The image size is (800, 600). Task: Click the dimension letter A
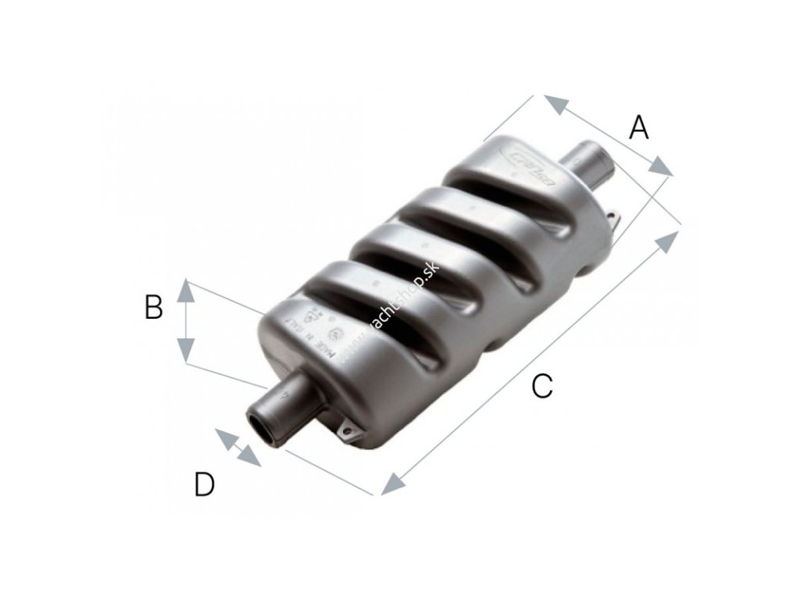pyautogui.click(x=639, y=127)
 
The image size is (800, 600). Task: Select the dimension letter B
pyautogui.click(x=154, y=308)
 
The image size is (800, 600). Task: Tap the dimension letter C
pyautogui.click(x=541, y=386)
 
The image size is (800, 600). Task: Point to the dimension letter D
pyautogui.click(x=204, y=485)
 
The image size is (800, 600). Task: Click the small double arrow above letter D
pyautogui.click(x=237, y=448)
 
